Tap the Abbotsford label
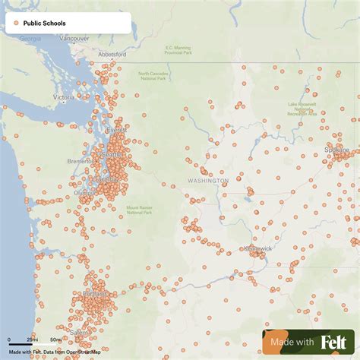click(x=112, y=55)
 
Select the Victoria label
click(x=64, y=98)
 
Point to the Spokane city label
click(x=337, y=150)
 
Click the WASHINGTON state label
click(x=207, y=181)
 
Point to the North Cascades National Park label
click(x=153, y=77)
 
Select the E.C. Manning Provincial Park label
click(x=178, y=50)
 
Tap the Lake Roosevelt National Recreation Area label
click(x=302, y=109)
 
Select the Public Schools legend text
click(x=44, y=24)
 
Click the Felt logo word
click(x=332, y=343)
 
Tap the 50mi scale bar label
click(x=56, y=339)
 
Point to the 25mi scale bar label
click(x=33, y=339)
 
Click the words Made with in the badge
click(x=293, y=343)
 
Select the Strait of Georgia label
click(x=31, y=37)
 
